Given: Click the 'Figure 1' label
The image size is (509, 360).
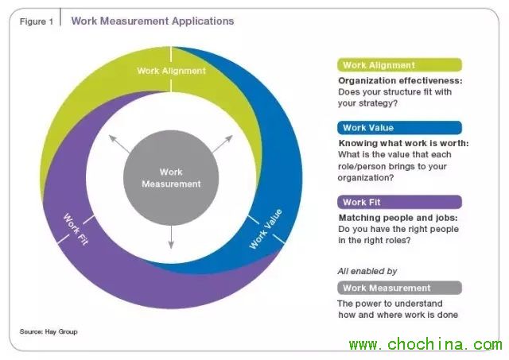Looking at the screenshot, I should pos(36,21).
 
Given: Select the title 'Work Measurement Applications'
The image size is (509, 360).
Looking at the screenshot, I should pos(153,21).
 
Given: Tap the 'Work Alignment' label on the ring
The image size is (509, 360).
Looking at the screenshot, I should pos(171,71).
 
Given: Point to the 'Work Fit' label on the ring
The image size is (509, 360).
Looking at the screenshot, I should pos(76,228).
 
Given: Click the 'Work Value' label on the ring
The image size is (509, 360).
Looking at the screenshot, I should pos(266,230).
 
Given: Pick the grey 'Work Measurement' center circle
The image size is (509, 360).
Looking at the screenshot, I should pos(171,177).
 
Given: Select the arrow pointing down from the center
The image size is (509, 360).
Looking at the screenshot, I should pos(171,235).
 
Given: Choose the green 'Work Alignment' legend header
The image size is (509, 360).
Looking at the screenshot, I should pos(399,65).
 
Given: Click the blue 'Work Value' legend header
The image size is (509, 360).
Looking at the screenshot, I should pos(399,127).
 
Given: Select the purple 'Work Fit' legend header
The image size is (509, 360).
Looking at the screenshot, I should pos(399,202).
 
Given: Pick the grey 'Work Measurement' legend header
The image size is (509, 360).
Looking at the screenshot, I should pos(399,288).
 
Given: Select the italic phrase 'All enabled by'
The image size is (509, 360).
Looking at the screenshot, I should pos(367,271).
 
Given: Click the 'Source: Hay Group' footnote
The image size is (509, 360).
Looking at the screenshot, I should pos(49,331).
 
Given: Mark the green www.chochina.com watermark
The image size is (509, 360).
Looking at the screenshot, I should pos(425,345).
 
